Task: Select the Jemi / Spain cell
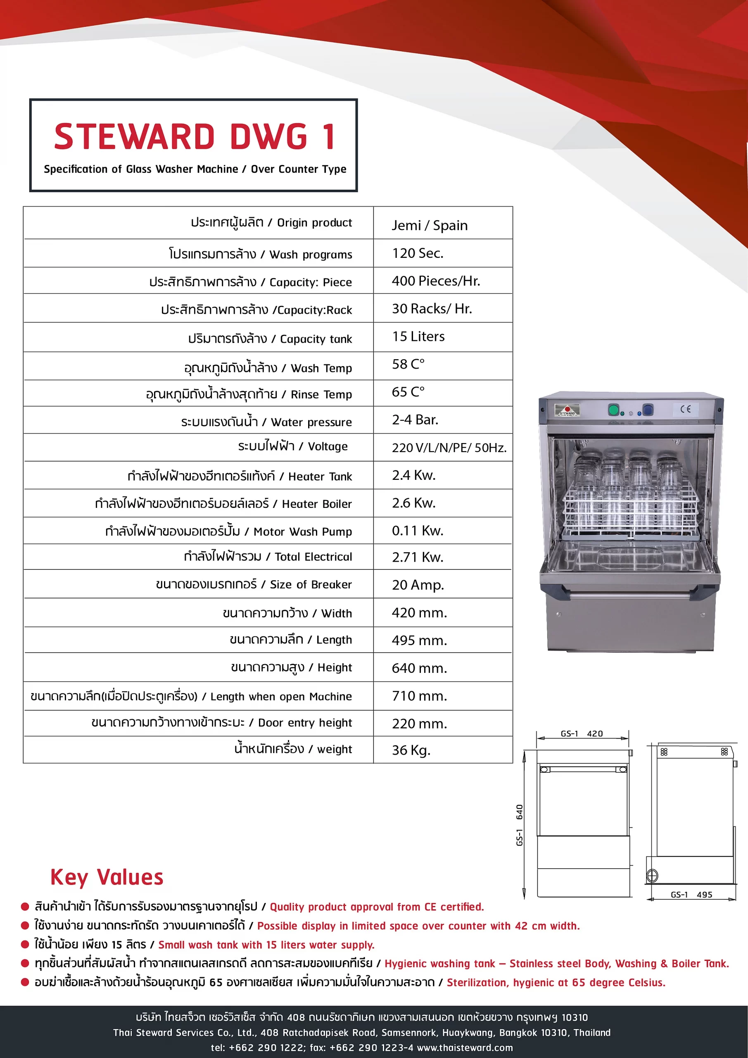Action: (429, 225)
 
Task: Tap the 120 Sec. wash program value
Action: (417, 253)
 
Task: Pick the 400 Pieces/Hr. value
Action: (436, 281)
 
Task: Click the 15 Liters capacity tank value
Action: (418, 336)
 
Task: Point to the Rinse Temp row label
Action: (249, 394)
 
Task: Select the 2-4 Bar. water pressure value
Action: (415, 420)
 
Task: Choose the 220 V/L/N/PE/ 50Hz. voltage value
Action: (449, 448)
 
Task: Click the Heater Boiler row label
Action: (223, 504)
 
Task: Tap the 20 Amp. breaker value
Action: (418, 585)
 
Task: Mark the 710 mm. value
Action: (419, 696)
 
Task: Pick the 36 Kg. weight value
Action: (411, 750)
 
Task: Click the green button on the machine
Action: (613, 409)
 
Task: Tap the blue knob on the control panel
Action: (648, 409)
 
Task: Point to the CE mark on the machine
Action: (685, 409)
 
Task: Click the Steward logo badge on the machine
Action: (567, 410)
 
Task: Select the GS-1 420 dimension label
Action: (581, 734)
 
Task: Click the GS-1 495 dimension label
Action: (691, 894)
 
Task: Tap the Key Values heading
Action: (107, 877)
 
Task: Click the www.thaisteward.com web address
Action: (465, 1047)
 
